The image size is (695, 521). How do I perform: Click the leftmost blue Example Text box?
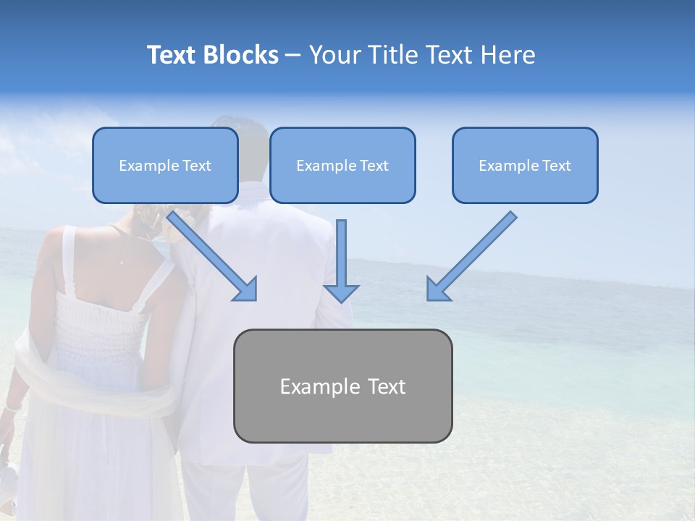(x=165, y=166)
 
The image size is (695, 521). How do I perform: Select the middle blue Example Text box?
(x=342, y=166)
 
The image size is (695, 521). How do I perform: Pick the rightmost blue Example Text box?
(x=525, y=166)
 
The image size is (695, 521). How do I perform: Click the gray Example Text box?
(x=342, y=386)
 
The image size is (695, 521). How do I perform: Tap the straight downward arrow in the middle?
(x=341, y=260)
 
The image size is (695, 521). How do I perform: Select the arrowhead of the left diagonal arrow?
(x=246, y=289)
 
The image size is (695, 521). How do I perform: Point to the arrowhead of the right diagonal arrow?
(x=437, y=289)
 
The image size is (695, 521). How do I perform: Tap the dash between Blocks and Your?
(x=293, y=55)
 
